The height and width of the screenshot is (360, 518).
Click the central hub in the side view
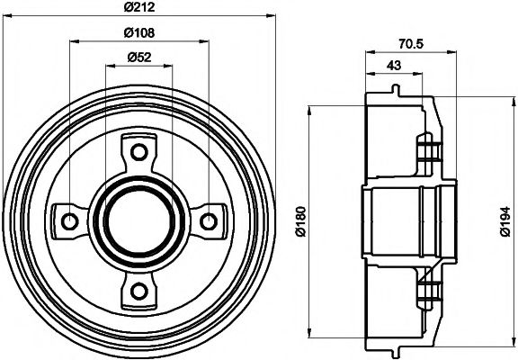pos(405,219)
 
